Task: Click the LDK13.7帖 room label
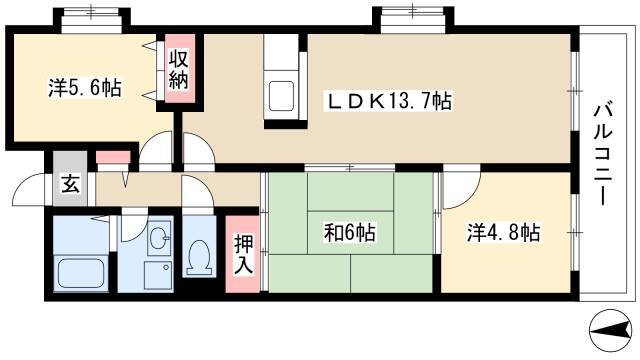click(x=388, y=101)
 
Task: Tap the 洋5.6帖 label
click(x=85, y=87)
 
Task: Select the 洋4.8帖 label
click(x=503, y=233)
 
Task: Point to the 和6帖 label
click(x=350, y=233)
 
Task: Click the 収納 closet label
click(x=179, y=69)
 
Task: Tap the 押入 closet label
click(x=244, y=254)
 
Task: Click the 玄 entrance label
click(x=71, y=184)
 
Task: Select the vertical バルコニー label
click(x=604, y=154)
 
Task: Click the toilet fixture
click(x=199, y=257)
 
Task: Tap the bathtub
click(x=80, y=273)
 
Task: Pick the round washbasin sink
click(x=158, y=238)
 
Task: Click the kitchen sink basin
click(x=281, y=96)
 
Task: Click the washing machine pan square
click(x=158, y=275)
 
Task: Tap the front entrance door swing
click(x=30, y=189)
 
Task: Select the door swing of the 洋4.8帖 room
click(x=462, y=190)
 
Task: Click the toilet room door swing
click(x=198, y=191)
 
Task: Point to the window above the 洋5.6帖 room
click(x=92, y=19)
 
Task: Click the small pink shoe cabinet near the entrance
click(x=113, y=157)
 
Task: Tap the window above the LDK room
click(x=413, y=19)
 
